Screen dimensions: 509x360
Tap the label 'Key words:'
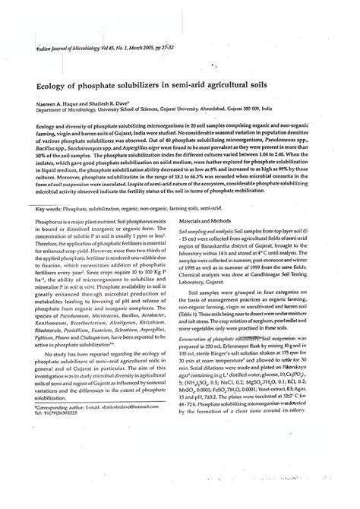coord(51,207)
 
